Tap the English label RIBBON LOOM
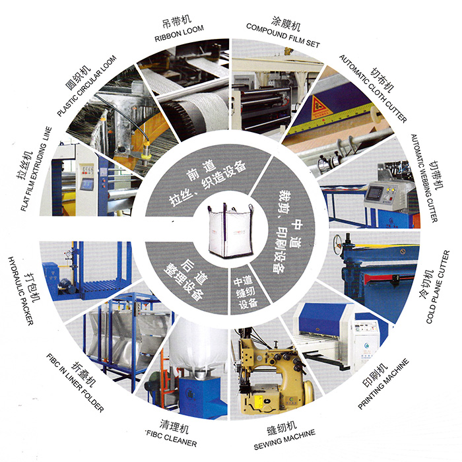click(x=179, y=33)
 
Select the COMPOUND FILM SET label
click(x=283, y=36)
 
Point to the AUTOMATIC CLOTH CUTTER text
click(x=372, y=88)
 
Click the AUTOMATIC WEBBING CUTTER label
click(x=424, y=178)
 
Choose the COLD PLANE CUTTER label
click(x=438, y=287)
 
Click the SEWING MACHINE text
click(x=284, y=440)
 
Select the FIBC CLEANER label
click(x=172, y=438)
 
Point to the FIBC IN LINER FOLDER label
click(x=75, y=383)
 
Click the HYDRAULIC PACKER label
click(x=20, y=291)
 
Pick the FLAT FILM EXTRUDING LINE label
click(x=36, y=169)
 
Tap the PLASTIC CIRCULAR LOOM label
click(x=86, y=86)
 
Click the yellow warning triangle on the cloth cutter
click(x=321, y=108)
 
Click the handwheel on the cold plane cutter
click(x=338, y=242)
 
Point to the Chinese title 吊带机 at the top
click(x=177, y=22)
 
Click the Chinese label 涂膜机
click(x=286, y=22)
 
